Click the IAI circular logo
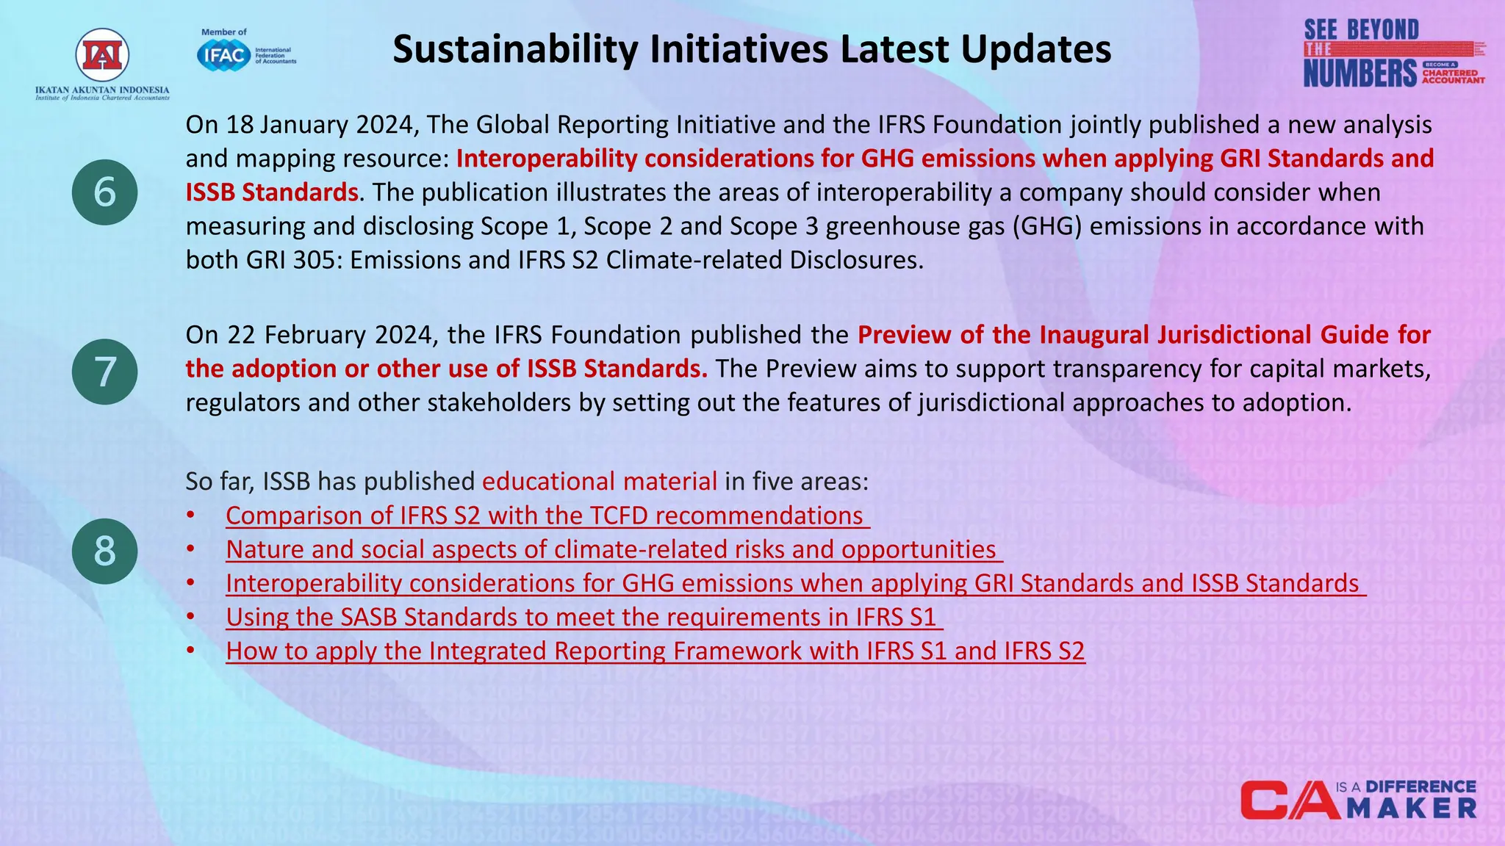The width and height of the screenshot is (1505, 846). tap(102, 56)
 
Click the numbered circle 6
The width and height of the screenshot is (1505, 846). tap(104, 192)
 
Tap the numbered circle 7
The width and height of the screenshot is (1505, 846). tap(104, 372)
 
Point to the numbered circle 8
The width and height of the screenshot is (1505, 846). tap(104, 551)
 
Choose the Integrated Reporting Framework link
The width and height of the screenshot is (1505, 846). tap(654, 651)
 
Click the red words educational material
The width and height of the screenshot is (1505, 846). tap(599, 482)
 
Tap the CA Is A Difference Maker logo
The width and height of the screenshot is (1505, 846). tap(1358, 800)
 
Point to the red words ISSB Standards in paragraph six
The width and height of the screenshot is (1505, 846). tap(271, 192)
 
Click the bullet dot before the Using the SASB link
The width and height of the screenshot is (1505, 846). tap(190, 617)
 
